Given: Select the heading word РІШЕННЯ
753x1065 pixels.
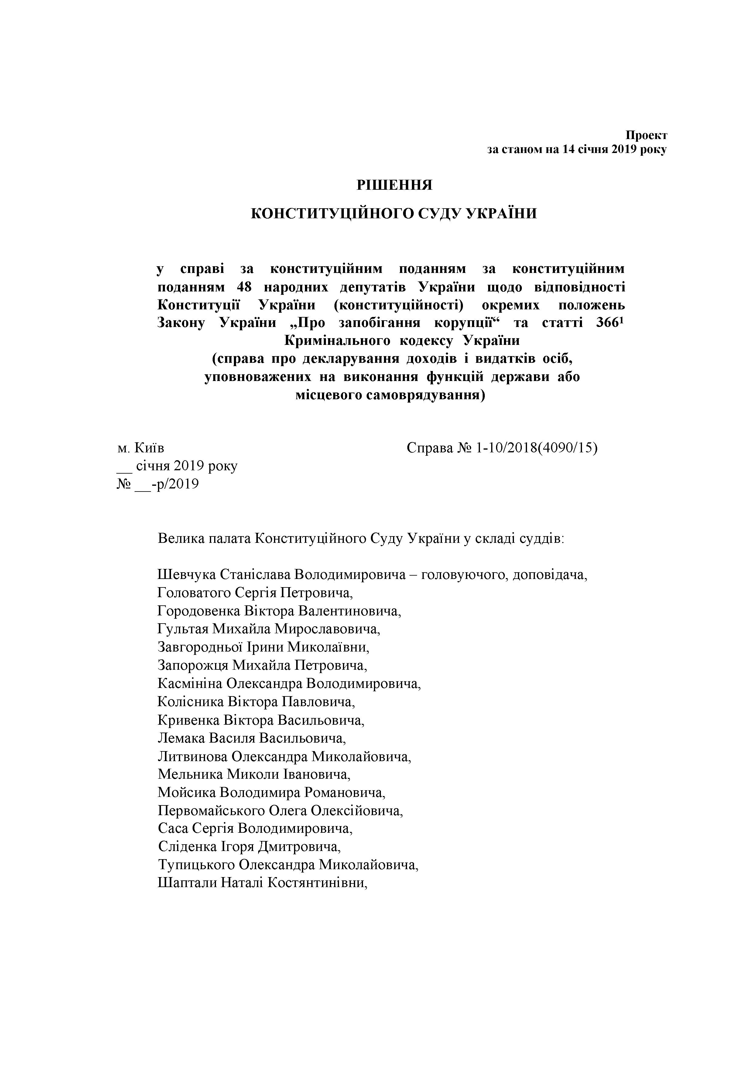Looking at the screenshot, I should (394, 185).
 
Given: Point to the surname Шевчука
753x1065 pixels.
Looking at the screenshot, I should (187, 575).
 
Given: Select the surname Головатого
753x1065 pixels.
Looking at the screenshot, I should (193, 593).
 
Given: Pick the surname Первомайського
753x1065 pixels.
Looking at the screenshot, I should (211, 810).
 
